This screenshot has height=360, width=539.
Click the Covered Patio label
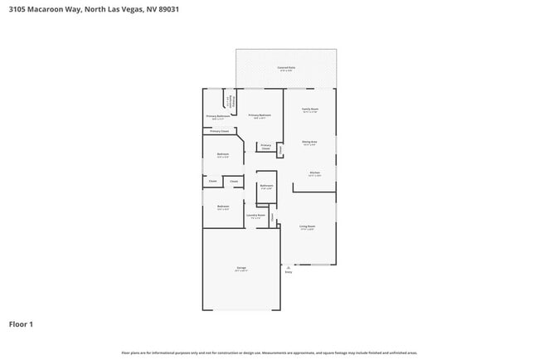[x=286, y=68]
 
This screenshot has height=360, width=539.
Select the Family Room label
[x=310, y=109]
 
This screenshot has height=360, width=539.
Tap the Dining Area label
[x=310, y=142]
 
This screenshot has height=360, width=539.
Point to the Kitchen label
[x=315, y=173]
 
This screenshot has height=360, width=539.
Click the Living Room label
[x=306, y=226]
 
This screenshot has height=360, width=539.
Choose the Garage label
[x=241, y=269]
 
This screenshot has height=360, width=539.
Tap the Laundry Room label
[x=256, y=216]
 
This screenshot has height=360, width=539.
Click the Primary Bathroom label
[x=218, y=116]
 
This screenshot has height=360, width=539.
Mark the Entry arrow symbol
[x=289, y=267]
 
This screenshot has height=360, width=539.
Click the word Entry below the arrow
[x=289, y=273]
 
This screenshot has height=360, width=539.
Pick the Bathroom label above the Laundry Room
[x=266, y=186]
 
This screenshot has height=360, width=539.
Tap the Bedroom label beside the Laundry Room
[x=223, y=207]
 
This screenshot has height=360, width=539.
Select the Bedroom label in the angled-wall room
[x=223, y=154]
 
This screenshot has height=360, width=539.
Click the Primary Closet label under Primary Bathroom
[x=220, y=132]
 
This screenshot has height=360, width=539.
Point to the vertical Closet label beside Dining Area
[x=280, y=150]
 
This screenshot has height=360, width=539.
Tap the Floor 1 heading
[x=21, y=324]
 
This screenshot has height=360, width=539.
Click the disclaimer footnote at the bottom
[x=269, y=352]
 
